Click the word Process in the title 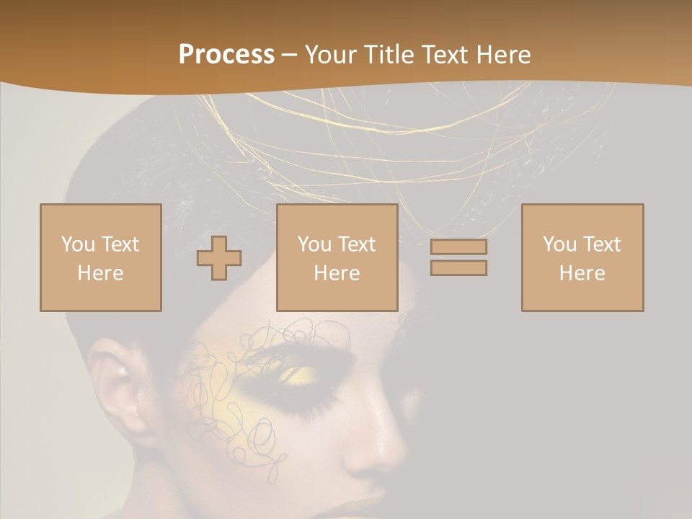(x=226, y=55)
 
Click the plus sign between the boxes (x=219, y=258)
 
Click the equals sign (x=458, y=257)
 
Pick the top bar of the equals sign (x=458, y=247)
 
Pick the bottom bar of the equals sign (x=458, y=268)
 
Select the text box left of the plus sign (x=101, y=258)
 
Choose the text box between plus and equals (x=337, y=258)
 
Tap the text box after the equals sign (x=582, y=258)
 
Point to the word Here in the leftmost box (x=101, y=273)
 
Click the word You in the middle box (x=315, y=244)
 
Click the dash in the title (x=290, y=55)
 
